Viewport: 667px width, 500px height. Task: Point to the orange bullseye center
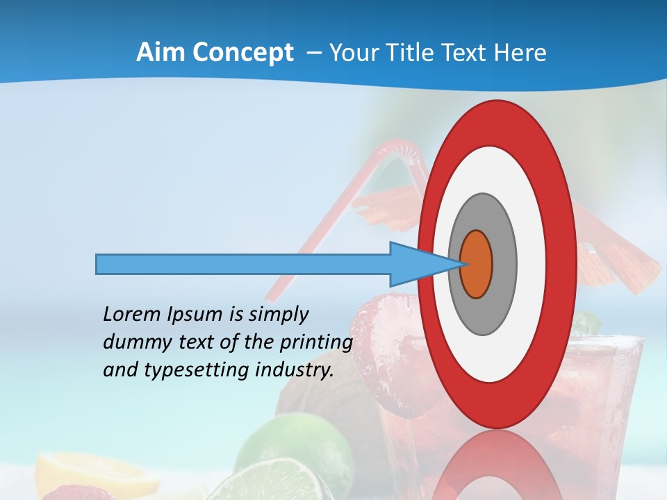click(477, 264)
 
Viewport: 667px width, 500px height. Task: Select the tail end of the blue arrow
click(97, 264)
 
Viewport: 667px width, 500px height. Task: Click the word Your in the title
click(350, 53)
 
